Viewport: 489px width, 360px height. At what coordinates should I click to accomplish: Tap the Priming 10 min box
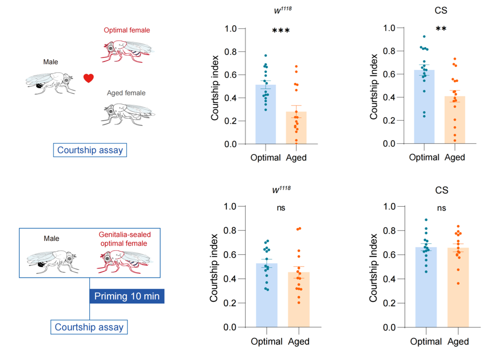coord(127,296)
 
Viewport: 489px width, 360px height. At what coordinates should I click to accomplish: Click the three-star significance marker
coord(281,31)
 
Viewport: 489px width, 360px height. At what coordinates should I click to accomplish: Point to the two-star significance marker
coord(441,30)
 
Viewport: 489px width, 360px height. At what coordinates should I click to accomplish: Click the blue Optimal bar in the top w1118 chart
coord(266,115)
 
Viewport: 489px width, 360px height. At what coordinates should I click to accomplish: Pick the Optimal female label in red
coord(127,30)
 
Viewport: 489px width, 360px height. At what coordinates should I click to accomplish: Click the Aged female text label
coord(126,93)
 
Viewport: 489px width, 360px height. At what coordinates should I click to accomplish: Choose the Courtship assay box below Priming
coord(89,327)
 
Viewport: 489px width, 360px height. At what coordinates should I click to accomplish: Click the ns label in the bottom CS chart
coord(441,208)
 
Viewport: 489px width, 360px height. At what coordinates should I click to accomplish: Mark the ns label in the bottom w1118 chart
coord(281,208)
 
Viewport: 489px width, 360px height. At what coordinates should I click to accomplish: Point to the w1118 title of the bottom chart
coord(281,190)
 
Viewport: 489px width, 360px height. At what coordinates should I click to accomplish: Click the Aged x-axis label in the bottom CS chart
coord(458,342)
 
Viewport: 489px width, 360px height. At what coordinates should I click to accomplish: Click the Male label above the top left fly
coord(51,62)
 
